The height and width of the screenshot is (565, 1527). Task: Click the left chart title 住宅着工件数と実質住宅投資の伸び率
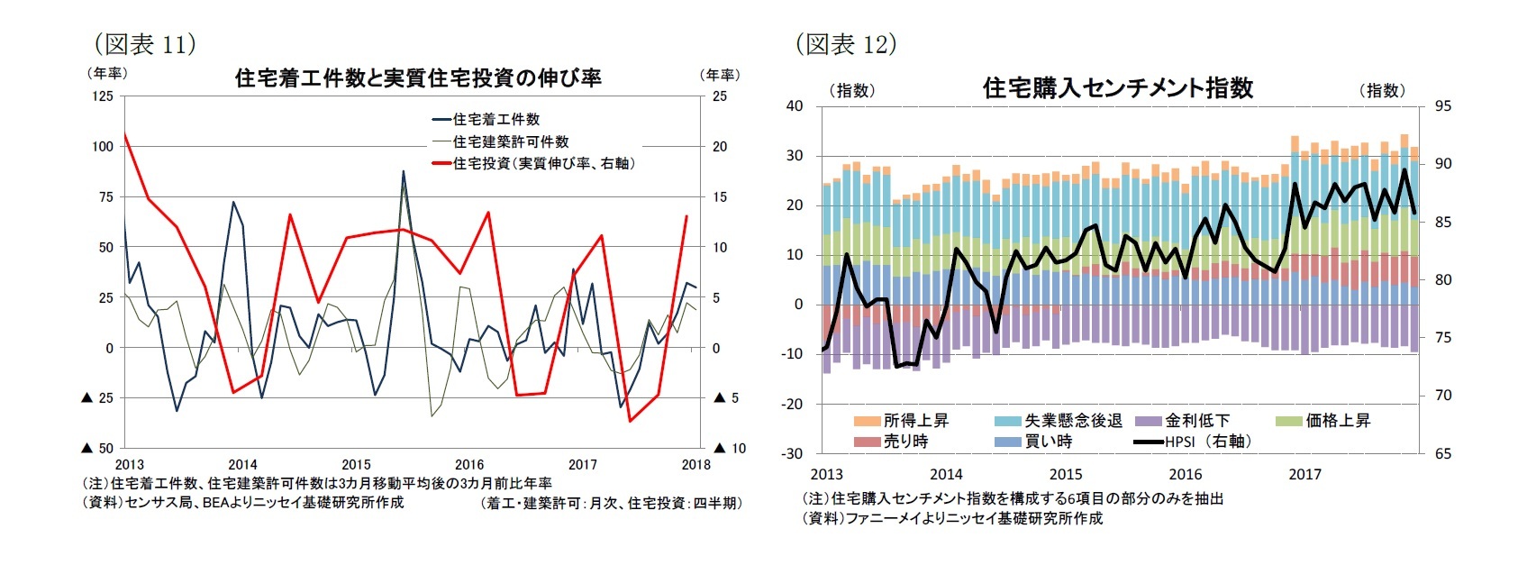click(418, 78)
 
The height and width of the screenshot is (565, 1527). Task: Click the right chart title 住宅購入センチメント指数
click(1117, 88)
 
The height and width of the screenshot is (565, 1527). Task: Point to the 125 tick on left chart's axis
click(102, 96)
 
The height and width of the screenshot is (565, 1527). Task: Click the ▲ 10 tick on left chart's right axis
click(730, 448)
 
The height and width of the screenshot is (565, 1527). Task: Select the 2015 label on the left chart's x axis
click(356, 465)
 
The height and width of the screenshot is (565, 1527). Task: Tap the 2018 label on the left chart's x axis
click(695, 465)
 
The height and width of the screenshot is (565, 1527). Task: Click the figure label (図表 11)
click(145, 44)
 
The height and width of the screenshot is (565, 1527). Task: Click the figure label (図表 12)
click(845, 44)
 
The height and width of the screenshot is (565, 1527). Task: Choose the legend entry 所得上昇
click(914, 421)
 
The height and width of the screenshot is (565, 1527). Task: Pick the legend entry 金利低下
click(1196, 421)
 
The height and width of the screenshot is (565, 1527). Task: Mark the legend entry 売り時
click(904, 442)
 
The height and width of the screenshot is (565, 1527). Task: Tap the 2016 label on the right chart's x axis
click(1185, 474)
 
